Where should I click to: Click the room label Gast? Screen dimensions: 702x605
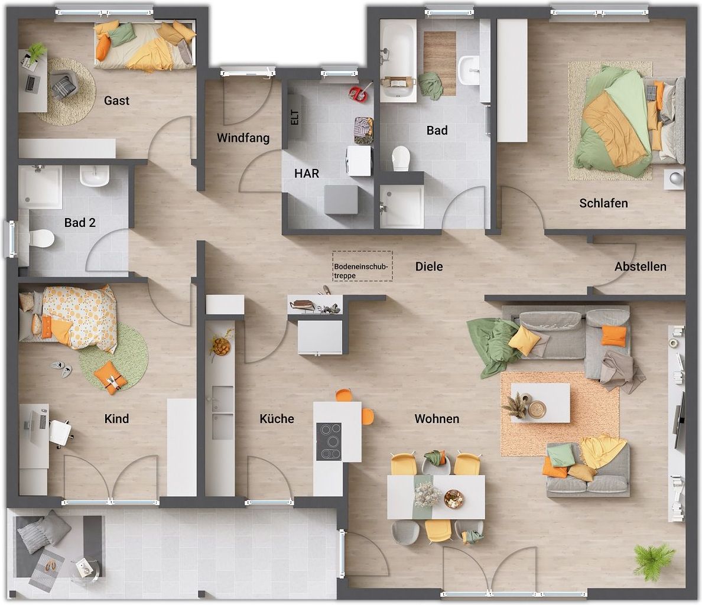pyautogui.click(x=116, y=100)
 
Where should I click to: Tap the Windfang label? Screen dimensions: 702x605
pyautogui.click(x=243, y=138)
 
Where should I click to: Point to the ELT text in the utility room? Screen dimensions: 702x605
pyautogui.click(x=294, y=118)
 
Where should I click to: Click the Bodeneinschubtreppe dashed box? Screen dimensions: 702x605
pyautogui.click(x=362, y=266)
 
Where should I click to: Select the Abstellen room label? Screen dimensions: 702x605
pyautogui.click(x=640, y=266)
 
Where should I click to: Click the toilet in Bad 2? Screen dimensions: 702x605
pyautogui.click(x=41, y=238)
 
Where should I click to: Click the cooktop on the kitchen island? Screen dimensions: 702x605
pyautogui.click(x=329, y=441)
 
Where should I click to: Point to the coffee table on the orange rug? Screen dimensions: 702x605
pyautogui.click(x=540, y=403)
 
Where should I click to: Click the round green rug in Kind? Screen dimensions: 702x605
pyautogui.click(x=113, y=355)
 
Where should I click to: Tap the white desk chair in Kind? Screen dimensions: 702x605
pyautogui.click(x=60, y=432)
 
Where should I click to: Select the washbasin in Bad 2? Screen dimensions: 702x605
pyautogui.click(x=95, y=175)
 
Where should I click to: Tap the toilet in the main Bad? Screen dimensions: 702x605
pyautogui.click(x=401, y=158)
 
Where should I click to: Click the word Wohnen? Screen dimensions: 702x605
pyautogui.click(x=437, y=419)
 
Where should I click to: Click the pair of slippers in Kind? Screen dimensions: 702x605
pyautogui.click(x=61, y=369)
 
